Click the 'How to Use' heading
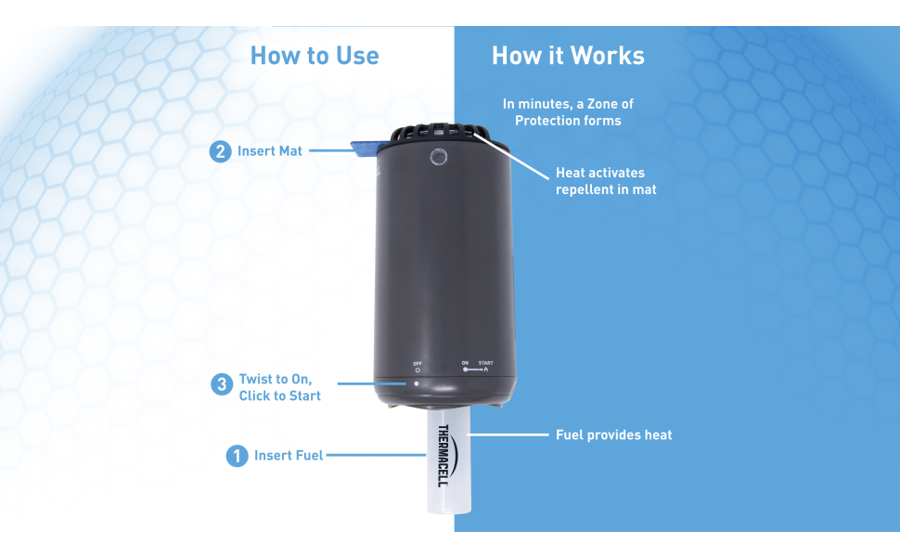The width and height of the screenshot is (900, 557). [315, 56]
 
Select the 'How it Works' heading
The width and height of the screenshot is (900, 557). [568, 56]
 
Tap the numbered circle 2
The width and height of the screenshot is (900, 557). [220, 151]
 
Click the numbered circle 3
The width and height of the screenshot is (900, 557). [222, 384]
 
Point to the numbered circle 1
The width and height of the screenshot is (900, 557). [237, 456]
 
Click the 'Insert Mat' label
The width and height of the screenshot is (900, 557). [270, 151]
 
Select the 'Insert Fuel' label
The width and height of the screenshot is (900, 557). [289, 456]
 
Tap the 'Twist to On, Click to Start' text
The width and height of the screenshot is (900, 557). [280, 388]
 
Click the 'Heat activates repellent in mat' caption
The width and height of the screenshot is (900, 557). [606, 181]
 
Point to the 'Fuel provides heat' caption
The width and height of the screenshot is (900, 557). [613, 434]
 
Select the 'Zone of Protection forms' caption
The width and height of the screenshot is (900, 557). [568, 112]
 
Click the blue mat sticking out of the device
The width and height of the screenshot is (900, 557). [365, 149]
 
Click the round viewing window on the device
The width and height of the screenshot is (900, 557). [439, 156]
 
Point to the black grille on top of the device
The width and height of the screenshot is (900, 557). [434, 133]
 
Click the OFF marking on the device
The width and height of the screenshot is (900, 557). [418, 364]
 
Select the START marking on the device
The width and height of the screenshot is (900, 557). [485, 363]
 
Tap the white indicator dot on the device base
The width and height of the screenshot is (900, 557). [417, 383]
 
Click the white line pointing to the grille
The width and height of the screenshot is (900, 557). [511, 156]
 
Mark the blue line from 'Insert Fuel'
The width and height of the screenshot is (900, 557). [376, 456]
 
